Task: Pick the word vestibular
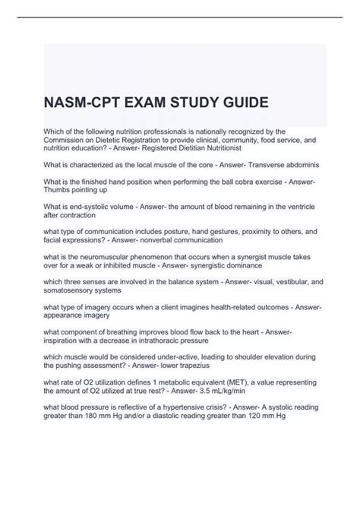click(270, 278)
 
